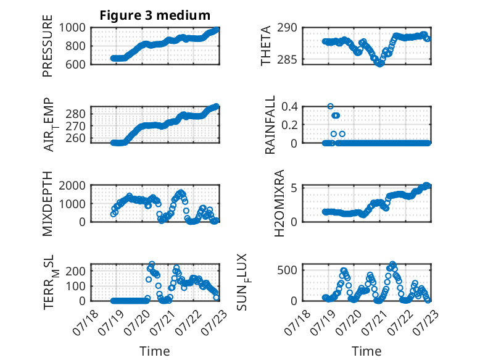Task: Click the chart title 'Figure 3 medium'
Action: (x=155, y=15)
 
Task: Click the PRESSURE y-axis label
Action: (x=48, y=46)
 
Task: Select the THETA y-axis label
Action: (x=266, y=46)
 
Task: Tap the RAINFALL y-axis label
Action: (x=270, y=125)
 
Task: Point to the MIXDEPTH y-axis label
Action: (x=48, y=204)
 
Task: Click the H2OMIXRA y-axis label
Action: (x=279, y=203)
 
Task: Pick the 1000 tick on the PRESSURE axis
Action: (x=72, y=28)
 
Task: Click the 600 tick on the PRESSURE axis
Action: (x=76, y=64)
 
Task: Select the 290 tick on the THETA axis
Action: (x=288, y=28)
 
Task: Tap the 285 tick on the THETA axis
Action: (x=288, y=59)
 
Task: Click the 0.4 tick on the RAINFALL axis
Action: (x=289, y=107)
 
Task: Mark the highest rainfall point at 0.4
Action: (x=330, y=106)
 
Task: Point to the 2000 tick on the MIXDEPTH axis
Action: (x=72, y=185)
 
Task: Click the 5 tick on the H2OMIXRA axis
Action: (x=294, y=188)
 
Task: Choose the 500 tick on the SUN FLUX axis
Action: (x=288, y=270)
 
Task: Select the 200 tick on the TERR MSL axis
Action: (x=76, y=271)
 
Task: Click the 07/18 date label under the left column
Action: (x=86, y=322)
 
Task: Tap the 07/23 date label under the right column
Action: (x=426, y=322)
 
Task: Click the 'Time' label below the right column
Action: (x=366, y=351)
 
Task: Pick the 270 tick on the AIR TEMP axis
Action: (x=76, y=126)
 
